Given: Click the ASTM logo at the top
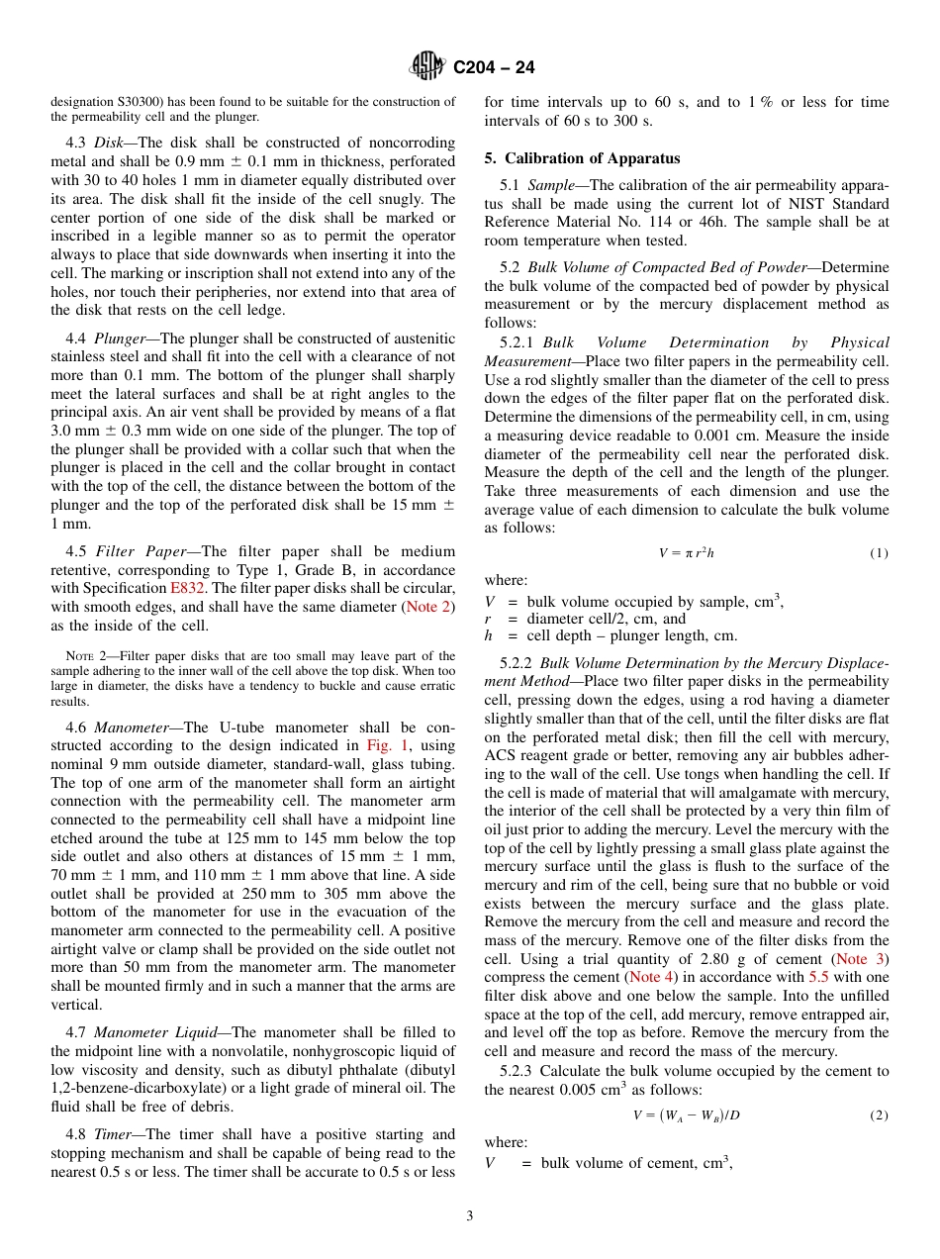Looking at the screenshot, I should (428, 66).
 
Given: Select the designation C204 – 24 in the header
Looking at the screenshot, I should (494, 67).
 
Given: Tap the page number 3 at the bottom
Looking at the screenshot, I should (470, 1215).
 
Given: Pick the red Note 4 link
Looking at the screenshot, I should (652, 977).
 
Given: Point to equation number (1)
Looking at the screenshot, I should (879, 553).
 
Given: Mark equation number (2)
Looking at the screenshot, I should (879, 1115).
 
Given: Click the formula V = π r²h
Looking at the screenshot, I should (686, 553).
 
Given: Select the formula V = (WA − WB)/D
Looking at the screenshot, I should (686, 1115).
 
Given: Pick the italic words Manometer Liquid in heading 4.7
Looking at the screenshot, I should (150, 1032).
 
